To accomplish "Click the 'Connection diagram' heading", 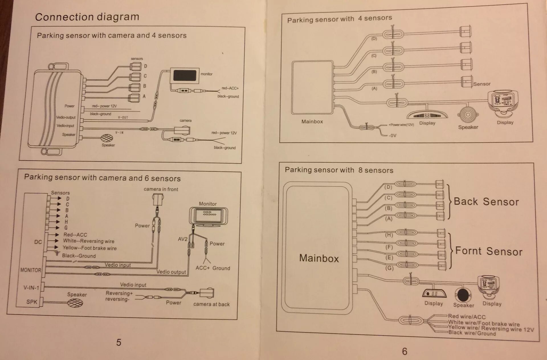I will pyautogui.click(x=87, y=17).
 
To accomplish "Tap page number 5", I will pyautogui.click(x=119, y=342).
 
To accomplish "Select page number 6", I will pyautogui.click(x=405, y=351).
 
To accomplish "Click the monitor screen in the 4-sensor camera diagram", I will pyautogui.click(x=185, y=76).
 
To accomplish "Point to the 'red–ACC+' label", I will pyautogui.click(x=230, y=88).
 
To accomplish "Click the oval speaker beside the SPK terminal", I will pyautogui.click(x=75, y=302).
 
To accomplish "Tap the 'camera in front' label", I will pyautogui.click(x=161, y=189).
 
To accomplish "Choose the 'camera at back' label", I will pyautogui.click(x=211, y=304).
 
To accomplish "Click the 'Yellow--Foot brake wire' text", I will pyautogui.click(x=90, y=248).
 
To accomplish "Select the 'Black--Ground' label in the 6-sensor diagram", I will pyautogui.click(x=79, y=256).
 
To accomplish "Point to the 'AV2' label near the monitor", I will pyautogui.click(x=183, y=239).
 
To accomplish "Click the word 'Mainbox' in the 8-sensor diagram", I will pyautogui.click(x=319, y=258).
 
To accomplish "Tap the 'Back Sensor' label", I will pyautogui.click(x=486, y=202).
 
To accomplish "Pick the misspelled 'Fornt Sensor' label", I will pyautogui.click(x=489, y=251).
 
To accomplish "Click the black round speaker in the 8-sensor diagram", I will pyautogui.click(x=463, y=295).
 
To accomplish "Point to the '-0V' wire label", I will pyautogui.click(x=393, y=136).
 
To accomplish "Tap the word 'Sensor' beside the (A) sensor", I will pyautogui.click(x=482, y=84).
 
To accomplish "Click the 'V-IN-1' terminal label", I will pyautogui.click(x=31, y=288).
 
